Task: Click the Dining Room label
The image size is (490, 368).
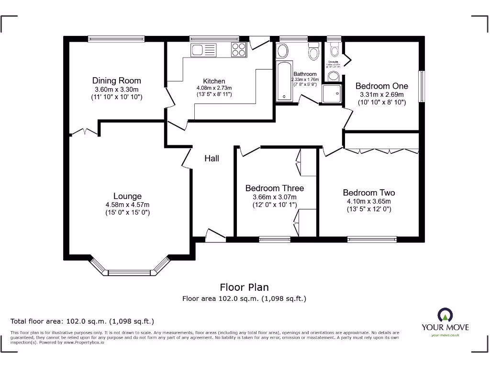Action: (116, 80)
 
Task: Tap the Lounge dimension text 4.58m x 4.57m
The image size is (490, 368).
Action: (128, 205)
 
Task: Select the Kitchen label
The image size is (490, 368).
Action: (214, 81)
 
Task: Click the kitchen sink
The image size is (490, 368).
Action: (203, 49)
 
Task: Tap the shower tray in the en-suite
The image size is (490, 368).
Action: (332, 94)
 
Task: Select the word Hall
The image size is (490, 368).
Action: (212, 158)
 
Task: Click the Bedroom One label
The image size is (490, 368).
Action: (381, 86)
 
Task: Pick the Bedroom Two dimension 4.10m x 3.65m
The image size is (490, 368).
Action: (369, 201)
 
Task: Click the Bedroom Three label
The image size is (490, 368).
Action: (274, 188)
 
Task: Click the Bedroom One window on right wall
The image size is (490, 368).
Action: (422, 87)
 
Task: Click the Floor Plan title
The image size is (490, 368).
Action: (244, 287)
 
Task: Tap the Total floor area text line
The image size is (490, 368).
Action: (82, 321)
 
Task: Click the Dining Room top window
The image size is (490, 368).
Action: (116, 39)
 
